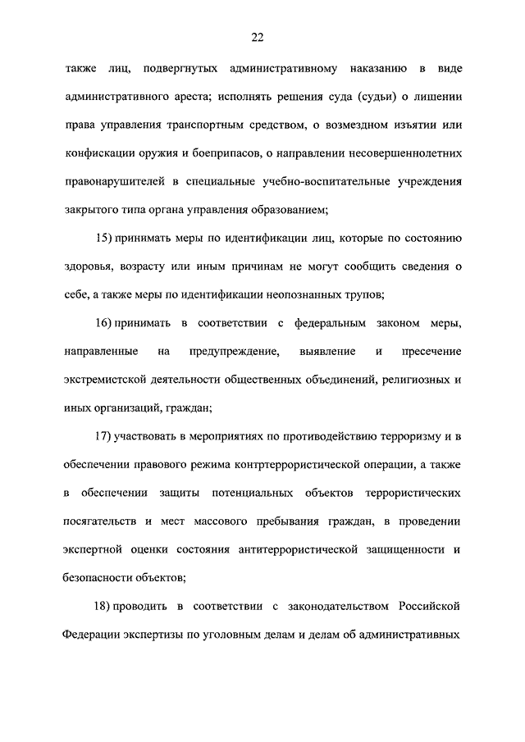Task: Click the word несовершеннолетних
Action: coord(400,152)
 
